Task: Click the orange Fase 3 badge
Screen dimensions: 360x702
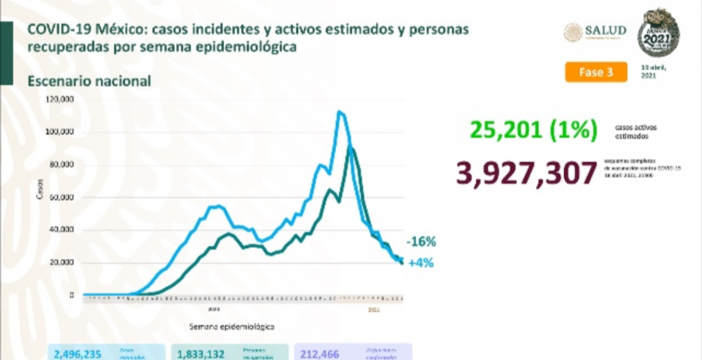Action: coord(596,72)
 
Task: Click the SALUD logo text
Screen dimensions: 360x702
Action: coord(605,30)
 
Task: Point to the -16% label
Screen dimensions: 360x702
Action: coord(420,241)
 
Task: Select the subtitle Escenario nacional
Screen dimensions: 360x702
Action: coord(89,81)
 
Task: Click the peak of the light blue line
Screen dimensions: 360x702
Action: coord(339,112)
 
